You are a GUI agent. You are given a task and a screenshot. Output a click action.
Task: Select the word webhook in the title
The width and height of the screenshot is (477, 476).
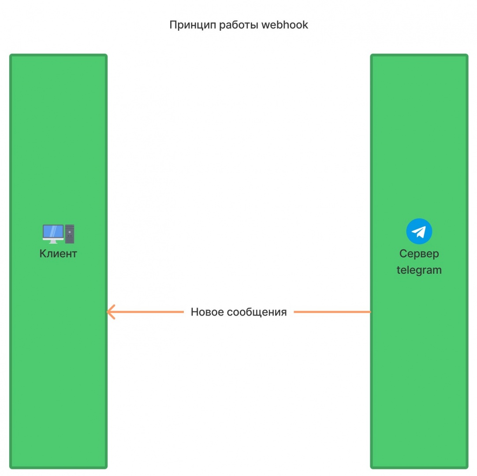[285, 25]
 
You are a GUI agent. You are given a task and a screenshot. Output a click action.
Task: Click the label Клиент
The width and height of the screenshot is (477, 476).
[58, 254]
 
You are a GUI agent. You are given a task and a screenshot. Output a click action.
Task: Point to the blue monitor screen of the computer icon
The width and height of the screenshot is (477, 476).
[53, 231]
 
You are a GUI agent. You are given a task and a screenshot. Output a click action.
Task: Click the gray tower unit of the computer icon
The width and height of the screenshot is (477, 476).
[70, 234]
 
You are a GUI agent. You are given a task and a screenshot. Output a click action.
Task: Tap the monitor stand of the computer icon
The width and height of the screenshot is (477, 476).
[53, 241]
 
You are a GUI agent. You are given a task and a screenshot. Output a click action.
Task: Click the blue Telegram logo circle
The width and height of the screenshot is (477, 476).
[419, 231]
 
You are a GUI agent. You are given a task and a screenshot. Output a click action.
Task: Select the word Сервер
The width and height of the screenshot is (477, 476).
[419, 254]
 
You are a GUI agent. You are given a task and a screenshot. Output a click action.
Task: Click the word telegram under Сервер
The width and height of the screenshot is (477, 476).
[419, 270]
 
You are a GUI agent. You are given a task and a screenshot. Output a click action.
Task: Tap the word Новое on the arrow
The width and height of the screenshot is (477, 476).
[207, 312]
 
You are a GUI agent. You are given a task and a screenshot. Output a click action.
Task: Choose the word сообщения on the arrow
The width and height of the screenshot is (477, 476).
[257, 312]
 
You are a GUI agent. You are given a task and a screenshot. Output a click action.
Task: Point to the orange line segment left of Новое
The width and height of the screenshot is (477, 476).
[150, 312]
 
